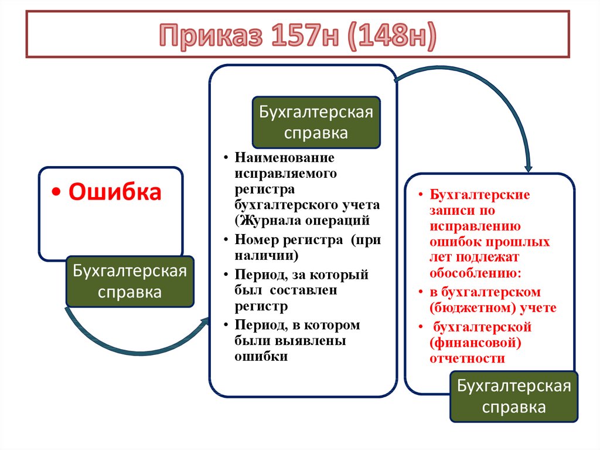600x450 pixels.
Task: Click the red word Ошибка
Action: point(115,192)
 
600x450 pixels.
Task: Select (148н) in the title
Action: point(392,36)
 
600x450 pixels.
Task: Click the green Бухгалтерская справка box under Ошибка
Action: point(129,282)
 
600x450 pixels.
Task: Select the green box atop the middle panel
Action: point(316,122)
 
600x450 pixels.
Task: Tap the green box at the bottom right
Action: point(514,397)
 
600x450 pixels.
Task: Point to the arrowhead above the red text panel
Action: point(529,168)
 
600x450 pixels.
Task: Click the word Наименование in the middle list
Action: point(284,158)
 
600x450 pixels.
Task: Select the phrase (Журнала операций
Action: point(302,221)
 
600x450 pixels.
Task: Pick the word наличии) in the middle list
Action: point(267,256)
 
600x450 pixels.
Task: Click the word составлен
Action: point(303,290)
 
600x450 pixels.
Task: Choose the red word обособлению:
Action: point(475,273)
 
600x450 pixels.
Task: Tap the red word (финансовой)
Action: point(475,343)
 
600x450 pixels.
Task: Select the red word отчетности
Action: point(467,359)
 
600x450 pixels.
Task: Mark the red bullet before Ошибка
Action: point(57,192)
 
